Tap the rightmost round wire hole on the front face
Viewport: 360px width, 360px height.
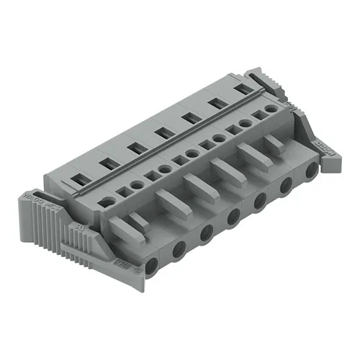[311, 171]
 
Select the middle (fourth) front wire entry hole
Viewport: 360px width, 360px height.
[233, 215]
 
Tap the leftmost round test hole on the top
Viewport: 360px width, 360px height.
[107, 203]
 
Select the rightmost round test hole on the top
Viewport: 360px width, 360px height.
[270, 109]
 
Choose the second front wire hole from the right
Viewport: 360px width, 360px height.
[286, 184]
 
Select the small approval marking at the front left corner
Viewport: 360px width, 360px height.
[138, 271]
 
